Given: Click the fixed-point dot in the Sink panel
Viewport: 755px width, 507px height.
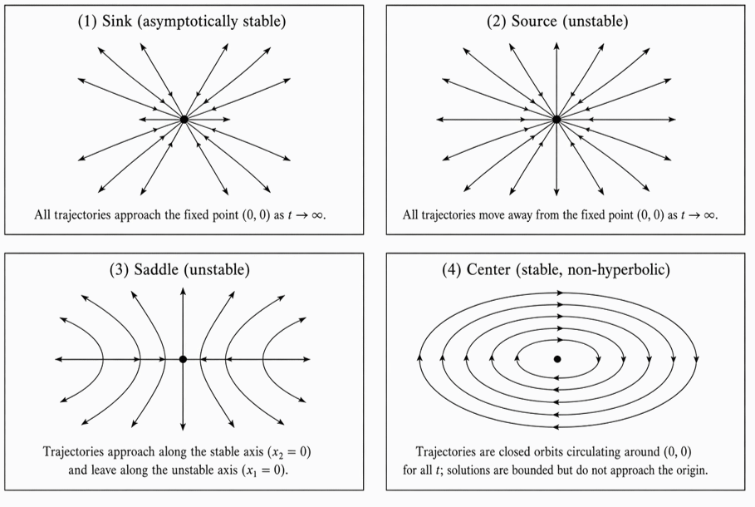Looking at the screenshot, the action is [184, 119].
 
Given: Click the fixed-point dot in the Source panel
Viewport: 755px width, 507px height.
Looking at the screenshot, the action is [556, 119].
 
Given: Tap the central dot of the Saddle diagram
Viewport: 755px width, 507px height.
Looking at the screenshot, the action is [183, 359].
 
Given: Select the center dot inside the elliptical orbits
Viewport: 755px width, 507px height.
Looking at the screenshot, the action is [557, 359].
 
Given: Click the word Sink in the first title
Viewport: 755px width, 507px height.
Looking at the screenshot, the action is [116, 22].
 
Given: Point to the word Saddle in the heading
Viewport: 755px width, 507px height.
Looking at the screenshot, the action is [156, 269].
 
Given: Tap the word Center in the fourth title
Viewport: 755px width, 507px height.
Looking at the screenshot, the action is [488, 269].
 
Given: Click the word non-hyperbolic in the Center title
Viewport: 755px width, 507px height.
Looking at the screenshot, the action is [616, 269].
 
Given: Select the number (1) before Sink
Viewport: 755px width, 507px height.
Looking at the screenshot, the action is [87, 22].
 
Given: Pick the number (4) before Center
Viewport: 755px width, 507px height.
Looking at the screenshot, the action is [452, 269].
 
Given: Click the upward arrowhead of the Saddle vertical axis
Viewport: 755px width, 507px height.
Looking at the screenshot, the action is [183, 291].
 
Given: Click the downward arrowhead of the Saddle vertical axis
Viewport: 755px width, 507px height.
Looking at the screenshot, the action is [183, 426].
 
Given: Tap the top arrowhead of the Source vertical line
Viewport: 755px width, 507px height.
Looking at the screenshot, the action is [556, 47].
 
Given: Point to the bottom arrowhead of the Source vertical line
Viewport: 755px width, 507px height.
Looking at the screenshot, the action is [556, 192].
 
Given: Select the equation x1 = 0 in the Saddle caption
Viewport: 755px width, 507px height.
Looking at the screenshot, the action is [264, 470].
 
